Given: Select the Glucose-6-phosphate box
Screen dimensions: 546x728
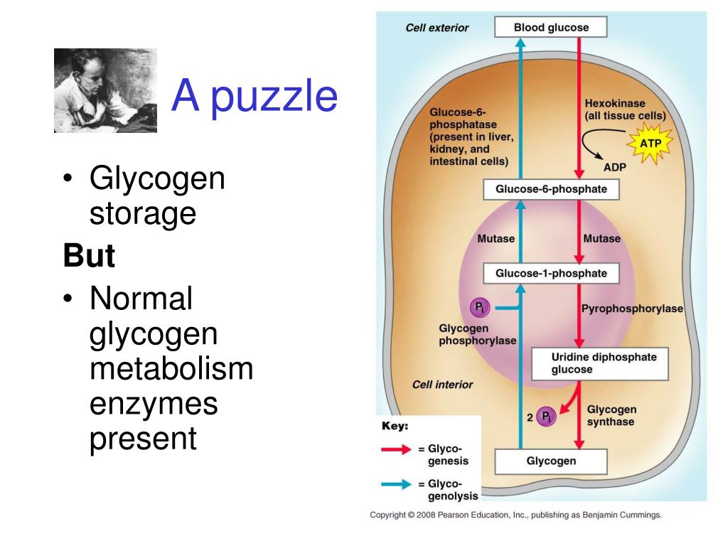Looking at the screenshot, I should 551,190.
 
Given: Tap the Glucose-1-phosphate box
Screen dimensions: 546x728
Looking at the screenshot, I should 551,273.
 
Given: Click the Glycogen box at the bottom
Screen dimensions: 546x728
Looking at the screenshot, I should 551,461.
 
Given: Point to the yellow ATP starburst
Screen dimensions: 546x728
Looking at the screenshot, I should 651,144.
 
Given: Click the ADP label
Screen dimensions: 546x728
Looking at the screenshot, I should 614,168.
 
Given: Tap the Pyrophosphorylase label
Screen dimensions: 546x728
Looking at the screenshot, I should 632,309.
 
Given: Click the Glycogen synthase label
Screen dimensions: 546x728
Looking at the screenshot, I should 611,415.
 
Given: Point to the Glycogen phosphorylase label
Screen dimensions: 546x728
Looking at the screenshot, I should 477,334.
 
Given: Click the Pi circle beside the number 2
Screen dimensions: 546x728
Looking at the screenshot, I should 546,417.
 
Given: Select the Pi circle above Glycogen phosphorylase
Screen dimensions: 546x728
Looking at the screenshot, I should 481,307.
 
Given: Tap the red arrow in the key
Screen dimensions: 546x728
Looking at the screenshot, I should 396,449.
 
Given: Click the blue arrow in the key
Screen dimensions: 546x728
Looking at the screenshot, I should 396,484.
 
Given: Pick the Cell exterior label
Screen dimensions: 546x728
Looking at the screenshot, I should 437,28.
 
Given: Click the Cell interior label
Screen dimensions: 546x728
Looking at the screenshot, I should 442,385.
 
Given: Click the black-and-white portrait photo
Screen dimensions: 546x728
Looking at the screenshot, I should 105,90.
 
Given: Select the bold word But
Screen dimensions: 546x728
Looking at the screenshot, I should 89,256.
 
